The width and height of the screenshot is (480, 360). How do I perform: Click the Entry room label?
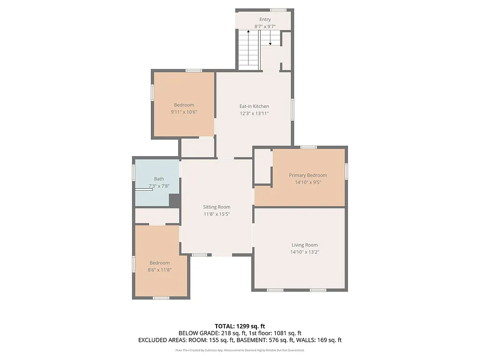point(265,19)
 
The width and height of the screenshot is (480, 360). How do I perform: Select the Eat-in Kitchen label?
point(254,106)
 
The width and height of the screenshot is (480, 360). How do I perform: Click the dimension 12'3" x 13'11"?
point(254,113)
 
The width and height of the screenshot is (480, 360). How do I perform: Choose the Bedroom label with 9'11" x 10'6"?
point(184,105)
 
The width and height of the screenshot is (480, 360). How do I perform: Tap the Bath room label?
point(159,179)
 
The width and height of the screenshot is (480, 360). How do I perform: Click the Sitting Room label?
point(217,207)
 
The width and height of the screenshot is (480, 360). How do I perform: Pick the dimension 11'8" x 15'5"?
point(217,214)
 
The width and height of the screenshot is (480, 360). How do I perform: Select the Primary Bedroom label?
point(307,175)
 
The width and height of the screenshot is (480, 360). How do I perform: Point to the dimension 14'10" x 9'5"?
point(307,182)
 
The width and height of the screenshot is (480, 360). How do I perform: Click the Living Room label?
point(305,245)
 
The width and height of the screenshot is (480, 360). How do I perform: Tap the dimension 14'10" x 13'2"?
point(305,252)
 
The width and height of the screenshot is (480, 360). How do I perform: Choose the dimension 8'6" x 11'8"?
point(159,270)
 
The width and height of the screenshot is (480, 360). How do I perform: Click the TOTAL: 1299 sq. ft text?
point(240,326)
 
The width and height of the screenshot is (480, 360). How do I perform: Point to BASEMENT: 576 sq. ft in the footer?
point(263,340)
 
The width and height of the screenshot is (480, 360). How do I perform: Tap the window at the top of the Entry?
point(278,10)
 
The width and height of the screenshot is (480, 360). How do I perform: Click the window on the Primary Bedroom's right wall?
point(346,171)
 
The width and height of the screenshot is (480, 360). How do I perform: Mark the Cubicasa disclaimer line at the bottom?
point(240,350)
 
